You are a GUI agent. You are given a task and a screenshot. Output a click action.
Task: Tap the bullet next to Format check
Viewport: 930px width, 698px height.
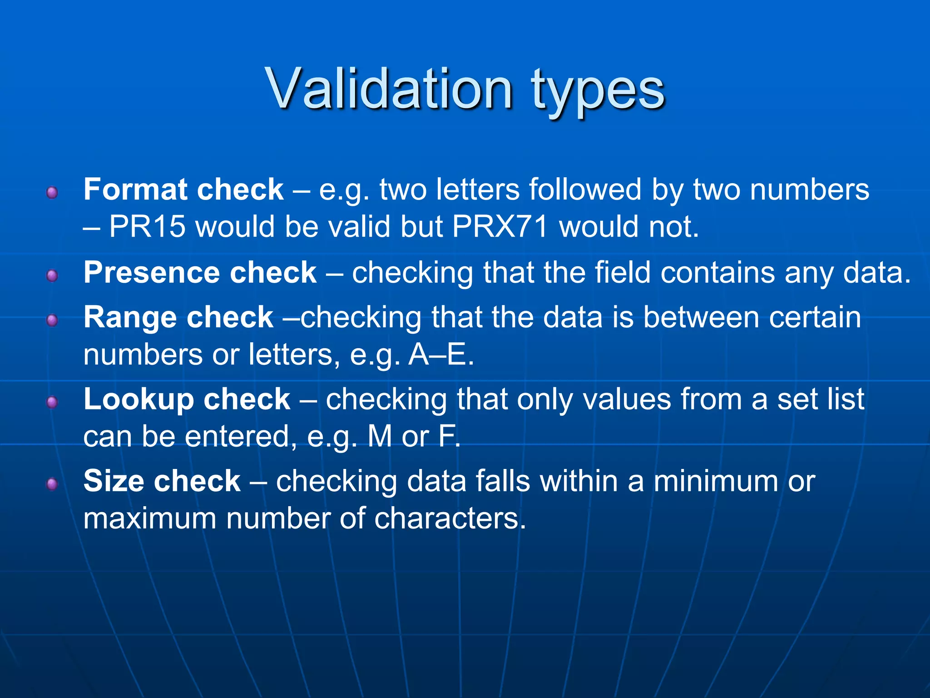coord(52,193)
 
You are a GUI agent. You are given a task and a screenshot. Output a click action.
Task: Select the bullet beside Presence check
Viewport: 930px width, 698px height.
coord(52,275)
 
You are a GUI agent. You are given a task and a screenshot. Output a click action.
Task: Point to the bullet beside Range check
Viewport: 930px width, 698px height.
coord(52,320)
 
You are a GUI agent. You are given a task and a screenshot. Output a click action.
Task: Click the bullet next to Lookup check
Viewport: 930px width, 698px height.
coord(52,402)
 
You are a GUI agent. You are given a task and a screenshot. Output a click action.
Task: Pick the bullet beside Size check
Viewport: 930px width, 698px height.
coord(52,484)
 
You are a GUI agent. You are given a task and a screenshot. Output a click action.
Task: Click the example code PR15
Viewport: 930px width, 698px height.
coord(147,226)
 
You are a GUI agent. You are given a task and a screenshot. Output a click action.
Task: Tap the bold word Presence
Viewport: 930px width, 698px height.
coord(152,273)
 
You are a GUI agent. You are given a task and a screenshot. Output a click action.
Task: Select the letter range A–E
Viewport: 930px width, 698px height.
coord(441,354)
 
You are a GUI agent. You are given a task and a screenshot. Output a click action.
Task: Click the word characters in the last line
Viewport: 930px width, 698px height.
coord(450,519)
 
